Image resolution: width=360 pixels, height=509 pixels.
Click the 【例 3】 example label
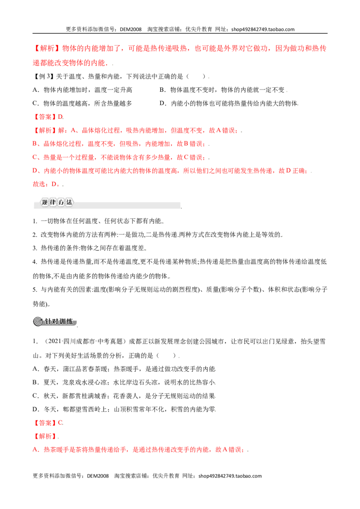point(43,76)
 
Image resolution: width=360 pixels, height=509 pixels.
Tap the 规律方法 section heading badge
point(57,202)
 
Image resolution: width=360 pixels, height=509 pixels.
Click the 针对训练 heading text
point(59,321)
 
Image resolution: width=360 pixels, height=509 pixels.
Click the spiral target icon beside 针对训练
point(38,321)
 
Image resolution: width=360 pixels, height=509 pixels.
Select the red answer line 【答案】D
point(48,117)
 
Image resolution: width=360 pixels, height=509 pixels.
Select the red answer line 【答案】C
point(48,423)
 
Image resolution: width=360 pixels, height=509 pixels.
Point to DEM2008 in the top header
point(130,29)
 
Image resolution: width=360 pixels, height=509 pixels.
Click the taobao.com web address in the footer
point(230,476)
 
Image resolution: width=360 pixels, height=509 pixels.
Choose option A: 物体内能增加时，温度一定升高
point(82,90)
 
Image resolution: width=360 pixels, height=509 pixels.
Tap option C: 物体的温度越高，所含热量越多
point(82,103)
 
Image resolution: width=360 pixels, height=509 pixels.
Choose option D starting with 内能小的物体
point(229,103)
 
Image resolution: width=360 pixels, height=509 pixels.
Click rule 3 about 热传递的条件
point(89,248)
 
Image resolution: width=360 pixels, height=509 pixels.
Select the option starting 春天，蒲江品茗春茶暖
point(124,369)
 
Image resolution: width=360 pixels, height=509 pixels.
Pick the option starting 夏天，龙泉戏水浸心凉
point(124,382)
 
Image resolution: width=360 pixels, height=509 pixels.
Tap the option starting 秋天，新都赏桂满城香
point(124,396)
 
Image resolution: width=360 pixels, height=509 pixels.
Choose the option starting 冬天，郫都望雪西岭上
point(124,409)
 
